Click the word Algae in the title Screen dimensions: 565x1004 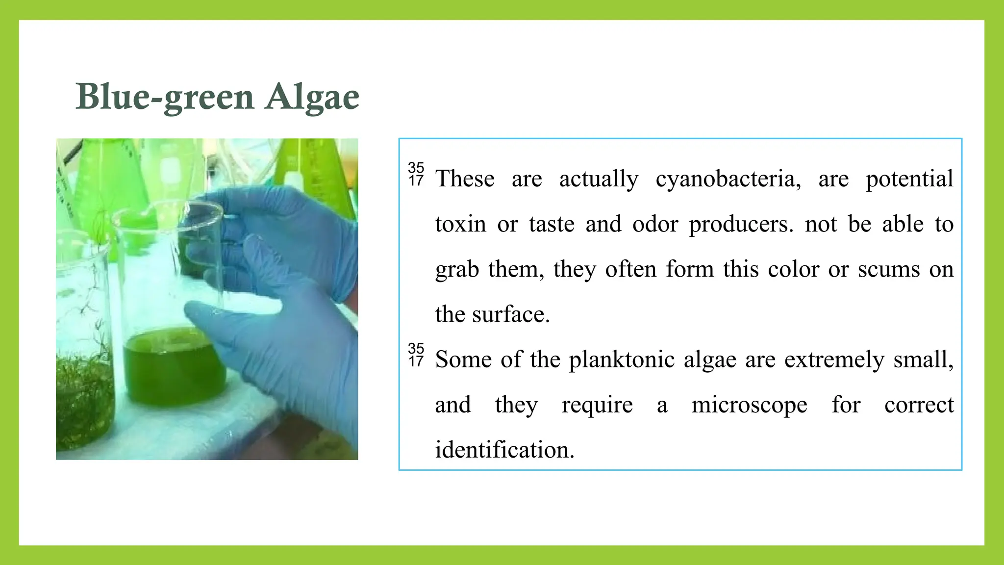pos(312,97)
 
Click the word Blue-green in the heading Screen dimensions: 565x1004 pos(165,97)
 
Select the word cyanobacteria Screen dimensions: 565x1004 pos(728,179)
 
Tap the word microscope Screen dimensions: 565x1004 pos(749,405)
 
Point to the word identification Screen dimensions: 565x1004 pos(504,450)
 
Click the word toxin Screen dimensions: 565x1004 pos(460,224)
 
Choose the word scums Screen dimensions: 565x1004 pos(888,269)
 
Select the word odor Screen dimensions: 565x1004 pos(655,224)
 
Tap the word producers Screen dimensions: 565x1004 pos(741,224)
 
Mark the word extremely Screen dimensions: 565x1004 pos(834,360)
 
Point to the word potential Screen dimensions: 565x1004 pos(909,179)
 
